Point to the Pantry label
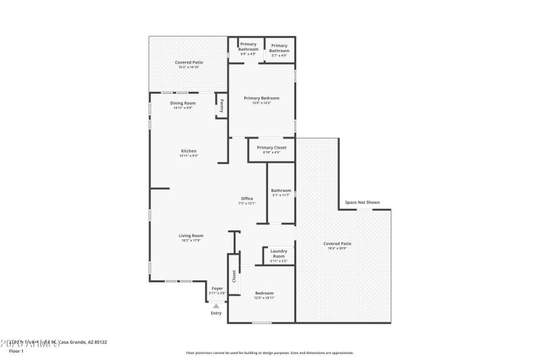coord(221,106)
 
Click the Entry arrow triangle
coord(216,306)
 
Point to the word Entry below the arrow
coord(216,313)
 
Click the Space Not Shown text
coord(362,202)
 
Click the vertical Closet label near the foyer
coord(234,275)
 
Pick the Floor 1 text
coord(16,351)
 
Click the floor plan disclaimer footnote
coord(269,353)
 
